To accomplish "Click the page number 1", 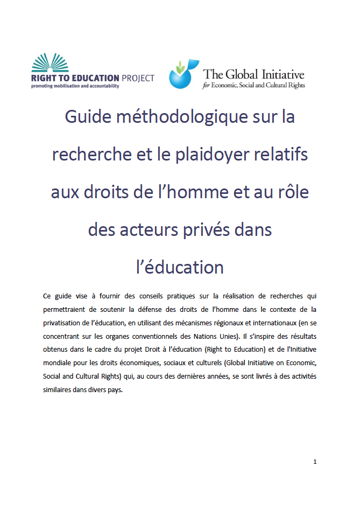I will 315,462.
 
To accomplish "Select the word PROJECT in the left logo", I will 137,78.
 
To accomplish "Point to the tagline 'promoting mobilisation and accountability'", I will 75,86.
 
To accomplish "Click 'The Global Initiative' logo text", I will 253,74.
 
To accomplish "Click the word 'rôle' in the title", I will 290,192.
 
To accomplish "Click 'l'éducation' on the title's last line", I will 180,267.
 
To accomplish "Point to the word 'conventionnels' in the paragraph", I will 136,335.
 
